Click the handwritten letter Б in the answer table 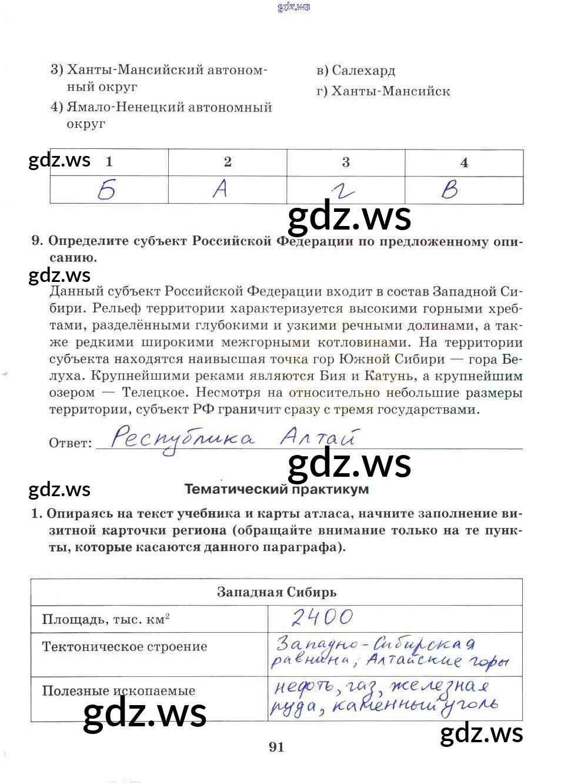tap(107, 190)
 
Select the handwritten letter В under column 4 tap(450, 190)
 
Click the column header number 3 tap(346, 162)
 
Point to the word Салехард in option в tap(364, 71)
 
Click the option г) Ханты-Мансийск tap(383, 91)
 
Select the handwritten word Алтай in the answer tap(318, 437)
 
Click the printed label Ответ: tap(71, 443)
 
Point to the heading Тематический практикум tap(276, 489)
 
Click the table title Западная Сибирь tap(276, 592)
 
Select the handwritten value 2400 tap(322, 617)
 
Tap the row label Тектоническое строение tap(125, 647)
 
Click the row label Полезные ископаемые tap(119, 690)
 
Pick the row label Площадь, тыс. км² tap(106, 619)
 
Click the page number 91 tap(276, 747)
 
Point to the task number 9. tap(37, 241)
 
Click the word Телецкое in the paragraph tap(155, 393)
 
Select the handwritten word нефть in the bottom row tap(303, 687)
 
